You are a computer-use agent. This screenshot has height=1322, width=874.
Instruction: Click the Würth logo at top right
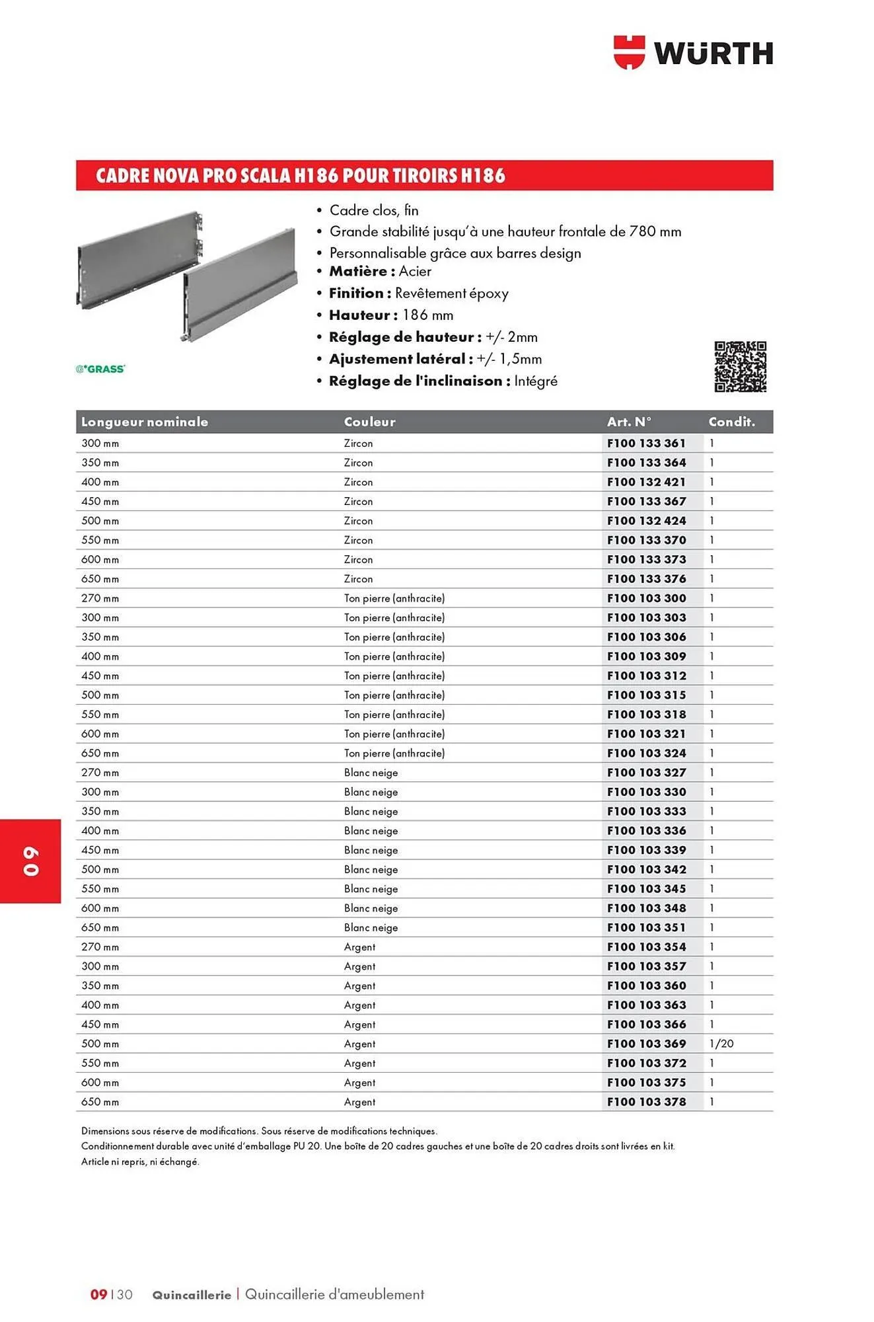(x=693, y=52)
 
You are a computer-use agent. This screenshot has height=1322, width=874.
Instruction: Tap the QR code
(x=740, y=367)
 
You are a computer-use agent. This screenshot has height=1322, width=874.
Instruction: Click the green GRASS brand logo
(x=100, y=369)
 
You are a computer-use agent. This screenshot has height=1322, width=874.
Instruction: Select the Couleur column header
(x=369, y=422)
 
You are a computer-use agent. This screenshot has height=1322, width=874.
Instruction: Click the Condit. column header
(x=731, y=422)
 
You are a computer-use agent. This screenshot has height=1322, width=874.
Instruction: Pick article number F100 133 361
(x=646, y=444)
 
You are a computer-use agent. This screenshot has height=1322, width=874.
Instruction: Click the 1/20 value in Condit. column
(x=721, y=1044)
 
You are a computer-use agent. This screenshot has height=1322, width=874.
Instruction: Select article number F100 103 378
(x=646, y=1102)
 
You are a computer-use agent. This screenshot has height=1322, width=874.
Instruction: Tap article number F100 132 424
(x=646, y=521)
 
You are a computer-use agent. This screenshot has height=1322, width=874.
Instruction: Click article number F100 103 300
(x=646, y=598)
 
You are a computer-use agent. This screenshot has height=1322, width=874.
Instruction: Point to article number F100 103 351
(x=646, y=927)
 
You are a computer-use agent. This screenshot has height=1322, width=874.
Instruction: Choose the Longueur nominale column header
(x=144, y=422)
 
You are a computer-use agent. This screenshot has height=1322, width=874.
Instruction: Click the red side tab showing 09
(x=30, y=861)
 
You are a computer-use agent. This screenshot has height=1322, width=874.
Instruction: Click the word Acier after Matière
(x=415, y=272)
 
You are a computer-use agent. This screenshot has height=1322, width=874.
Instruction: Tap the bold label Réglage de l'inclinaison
(x=416, y=381)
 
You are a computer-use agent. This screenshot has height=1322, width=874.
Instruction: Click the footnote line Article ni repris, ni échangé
(x=140, y=1162)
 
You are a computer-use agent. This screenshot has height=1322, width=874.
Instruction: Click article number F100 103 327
(x=646, y=773)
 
